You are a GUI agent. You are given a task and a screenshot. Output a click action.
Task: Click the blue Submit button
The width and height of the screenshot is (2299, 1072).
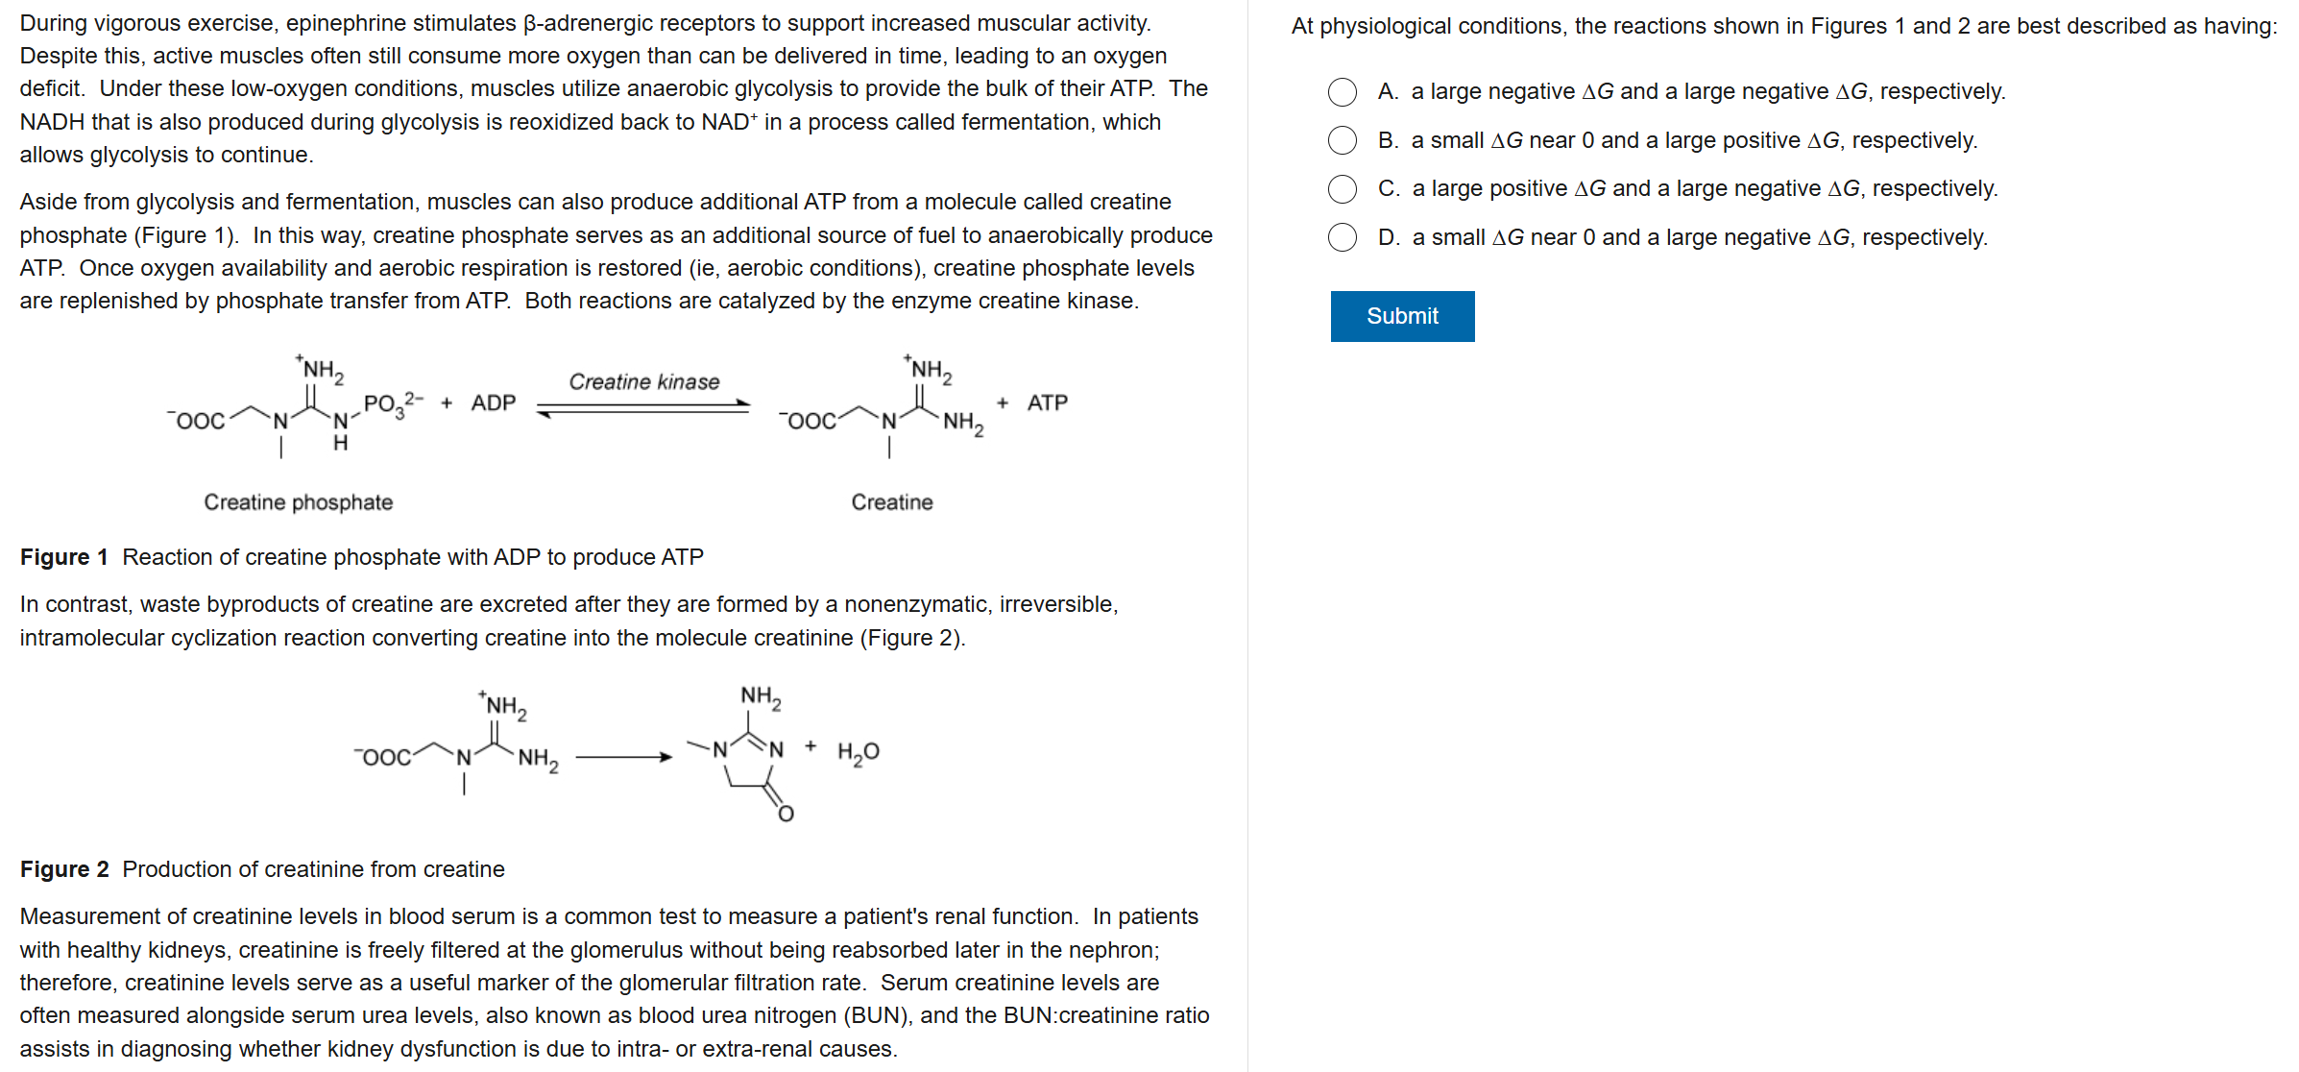(1402, 316)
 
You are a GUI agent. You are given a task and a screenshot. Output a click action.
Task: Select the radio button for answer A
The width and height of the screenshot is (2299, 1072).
(1343, 92)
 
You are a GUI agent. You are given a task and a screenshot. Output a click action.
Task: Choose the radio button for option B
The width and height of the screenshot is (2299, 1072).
(1343, 141)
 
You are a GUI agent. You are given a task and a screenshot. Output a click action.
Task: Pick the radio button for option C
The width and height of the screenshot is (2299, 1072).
(1343, 189)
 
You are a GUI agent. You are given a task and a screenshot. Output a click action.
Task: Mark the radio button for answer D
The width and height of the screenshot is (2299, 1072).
(1343, 237)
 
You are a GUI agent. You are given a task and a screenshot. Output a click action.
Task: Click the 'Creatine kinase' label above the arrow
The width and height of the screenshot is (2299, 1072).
(643, 382)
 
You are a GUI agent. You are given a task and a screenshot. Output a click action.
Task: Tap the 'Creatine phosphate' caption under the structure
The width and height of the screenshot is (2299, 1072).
(298, 502)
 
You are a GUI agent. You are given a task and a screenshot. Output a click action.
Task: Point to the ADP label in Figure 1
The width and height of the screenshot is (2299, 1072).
(493, 403)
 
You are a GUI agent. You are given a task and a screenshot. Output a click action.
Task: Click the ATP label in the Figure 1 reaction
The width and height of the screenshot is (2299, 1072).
(1047, 403)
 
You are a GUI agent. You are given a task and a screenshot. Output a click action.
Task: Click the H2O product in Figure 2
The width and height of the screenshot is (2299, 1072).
(858, 752)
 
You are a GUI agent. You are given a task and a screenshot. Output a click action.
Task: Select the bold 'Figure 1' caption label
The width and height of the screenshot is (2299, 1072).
(63, 557)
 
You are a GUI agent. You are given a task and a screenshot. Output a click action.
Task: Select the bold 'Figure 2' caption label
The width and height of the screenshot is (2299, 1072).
(63, 869)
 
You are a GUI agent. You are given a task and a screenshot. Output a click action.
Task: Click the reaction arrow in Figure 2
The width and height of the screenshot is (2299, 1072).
(623, 758)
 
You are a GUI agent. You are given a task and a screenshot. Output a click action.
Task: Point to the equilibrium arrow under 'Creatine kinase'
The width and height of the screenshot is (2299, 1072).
(643, 409)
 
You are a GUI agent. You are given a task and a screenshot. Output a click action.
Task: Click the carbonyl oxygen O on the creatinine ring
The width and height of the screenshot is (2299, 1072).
(786, 815)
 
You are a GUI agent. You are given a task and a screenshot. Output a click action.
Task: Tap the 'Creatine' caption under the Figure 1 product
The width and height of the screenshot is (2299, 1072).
(891, 502)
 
